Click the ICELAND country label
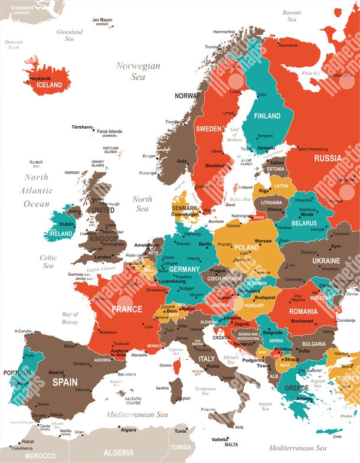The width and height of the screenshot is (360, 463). coord(49,85)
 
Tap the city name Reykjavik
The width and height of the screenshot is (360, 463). coord(41,78)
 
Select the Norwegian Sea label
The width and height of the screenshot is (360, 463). coord(138,71)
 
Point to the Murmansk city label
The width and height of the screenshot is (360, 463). coord(288,45)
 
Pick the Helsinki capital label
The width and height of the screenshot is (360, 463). coord(267,148)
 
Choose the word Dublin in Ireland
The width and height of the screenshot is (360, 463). coord(67,224)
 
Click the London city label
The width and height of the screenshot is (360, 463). coord(103,257)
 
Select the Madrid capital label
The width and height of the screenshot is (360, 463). coord(56,373)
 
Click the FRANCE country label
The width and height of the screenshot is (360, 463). coord(127,309)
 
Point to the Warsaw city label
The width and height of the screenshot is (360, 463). coord(263,241)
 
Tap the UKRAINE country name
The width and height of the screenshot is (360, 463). coord(326,260)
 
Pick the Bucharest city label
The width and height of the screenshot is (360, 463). coord(302,321)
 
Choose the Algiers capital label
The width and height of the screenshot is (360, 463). coord(129,430)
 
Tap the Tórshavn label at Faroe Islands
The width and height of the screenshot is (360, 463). coord(81,127)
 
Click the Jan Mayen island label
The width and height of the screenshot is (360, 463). coord(102,20)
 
